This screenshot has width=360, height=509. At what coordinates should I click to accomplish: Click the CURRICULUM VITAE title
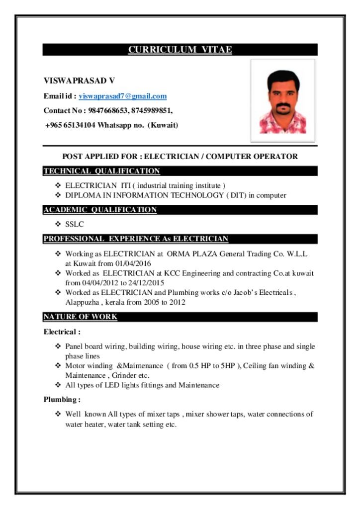(180, 50)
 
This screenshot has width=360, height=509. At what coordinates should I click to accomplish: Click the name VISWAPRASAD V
(79, 81)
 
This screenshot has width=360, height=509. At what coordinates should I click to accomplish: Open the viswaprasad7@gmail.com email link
(123, 96)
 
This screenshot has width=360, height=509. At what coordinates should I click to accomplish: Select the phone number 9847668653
(107, 110)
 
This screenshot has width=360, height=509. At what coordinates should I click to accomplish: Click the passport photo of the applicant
(282, 101)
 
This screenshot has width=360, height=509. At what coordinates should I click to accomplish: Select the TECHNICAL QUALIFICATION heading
(101, 171)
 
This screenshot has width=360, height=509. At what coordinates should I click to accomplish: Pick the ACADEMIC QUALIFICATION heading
(100, 210)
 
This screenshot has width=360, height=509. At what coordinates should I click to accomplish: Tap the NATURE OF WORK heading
(81, 317)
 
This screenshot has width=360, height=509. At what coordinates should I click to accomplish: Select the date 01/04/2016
(133, 263)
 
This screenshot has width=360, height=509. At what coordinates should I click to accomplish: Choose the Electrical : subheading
(62, 332)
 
